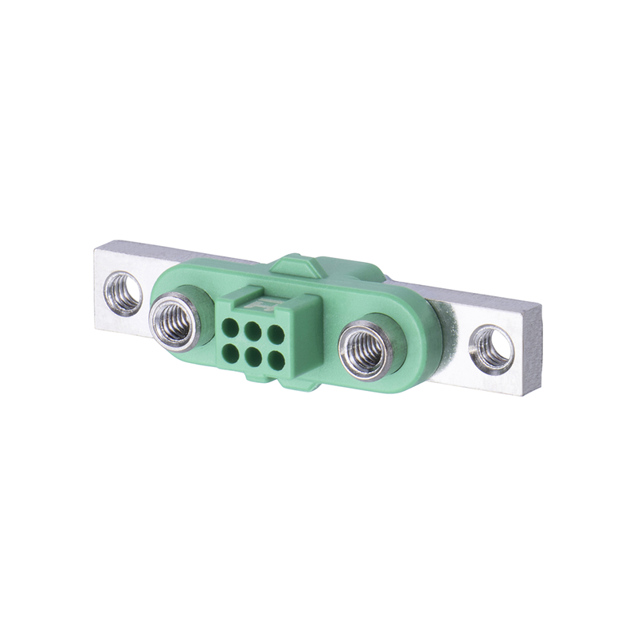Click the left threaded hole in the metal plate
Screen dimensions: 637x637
click(123, 293)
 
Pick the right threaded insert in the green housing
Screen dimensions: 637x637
click(365, 350)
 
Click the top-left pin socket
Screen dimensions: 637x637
click(230, 325)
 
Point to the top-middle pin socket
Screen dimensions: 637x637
click(252, 329)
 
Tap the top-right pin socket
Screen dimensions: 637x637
click(275, 334)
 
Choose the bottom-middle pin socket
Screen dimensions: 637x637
click(252, 355)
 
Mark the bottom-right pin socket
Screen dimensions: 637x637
click(276, 360)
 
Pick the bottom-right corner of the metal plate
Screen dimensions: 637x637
click(531, 395)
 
